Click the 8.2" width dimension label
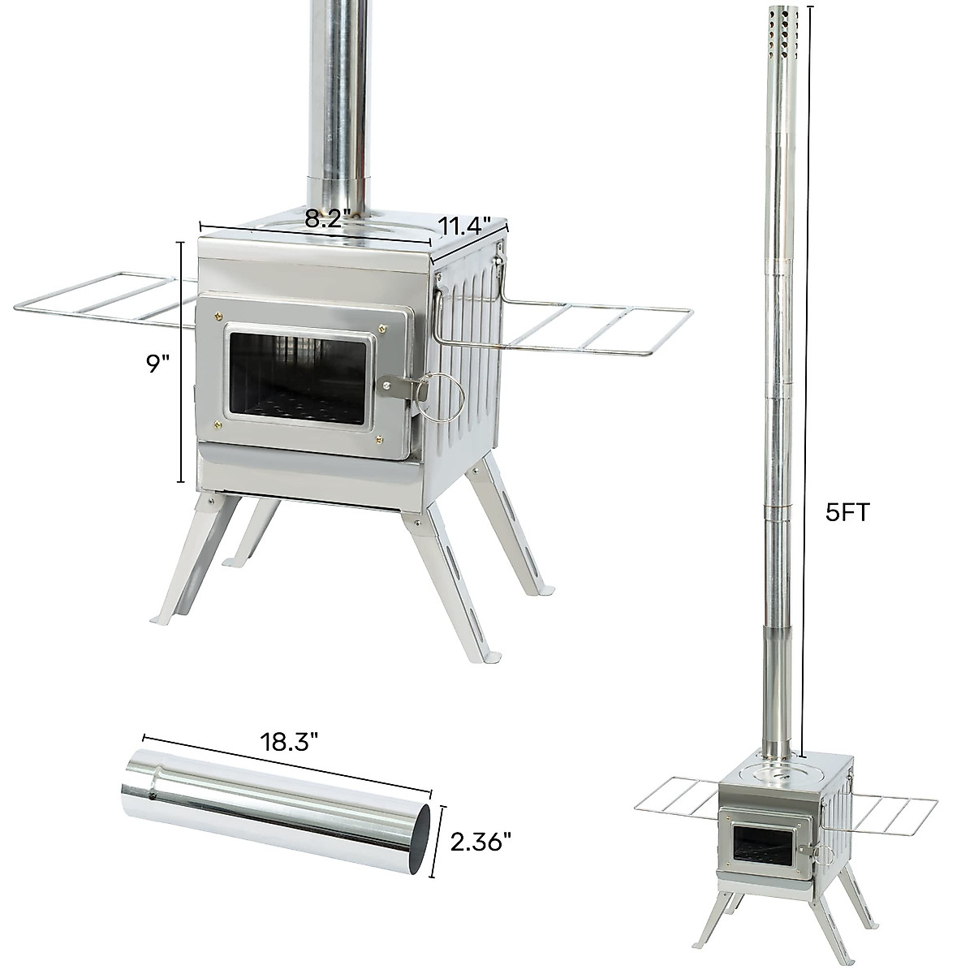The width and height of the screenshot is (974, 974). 327,218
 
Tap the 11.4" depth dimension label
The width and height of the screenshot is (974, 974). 466,225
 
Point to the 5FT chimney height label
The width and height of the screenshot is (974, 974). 847,514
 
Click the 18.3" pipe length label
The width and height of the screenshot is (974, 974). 289,741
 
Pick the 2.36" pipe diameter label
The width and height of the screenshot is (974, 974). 483,842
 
